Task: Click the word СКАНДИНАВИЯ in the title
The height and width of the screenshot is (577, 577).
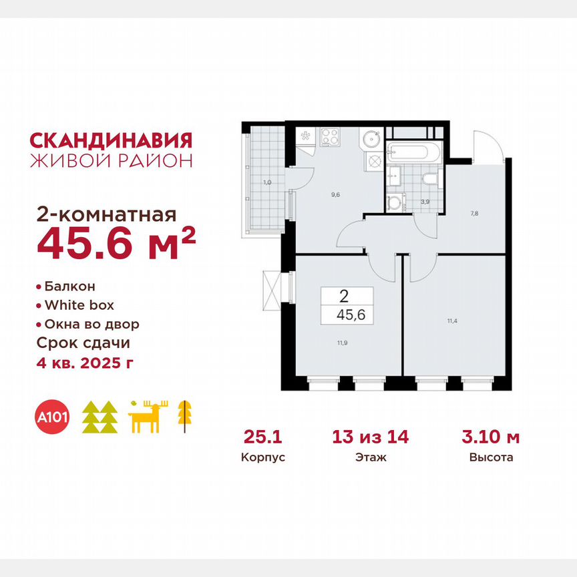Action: point(112,140)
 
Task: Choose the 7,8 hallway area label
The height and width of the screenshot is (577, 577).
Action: point(473,214)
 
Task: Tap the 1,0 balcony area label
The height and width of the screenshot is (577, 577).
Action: point(266,182)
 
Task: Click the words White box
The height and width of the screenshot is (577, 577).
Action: point(79,305)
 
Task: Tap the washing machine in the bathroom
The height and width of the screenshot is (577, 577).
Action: point(397,201)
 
